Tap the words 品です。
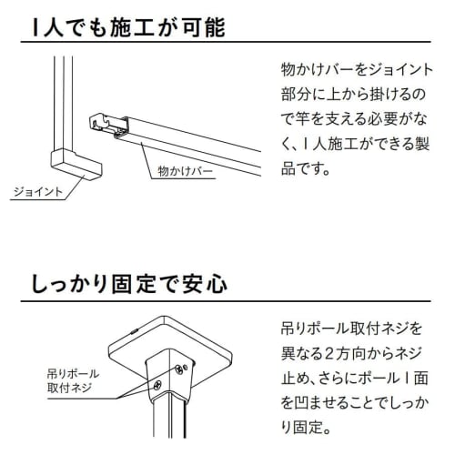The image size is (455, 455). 306,169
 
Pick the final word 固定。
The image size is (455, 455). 305,426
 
